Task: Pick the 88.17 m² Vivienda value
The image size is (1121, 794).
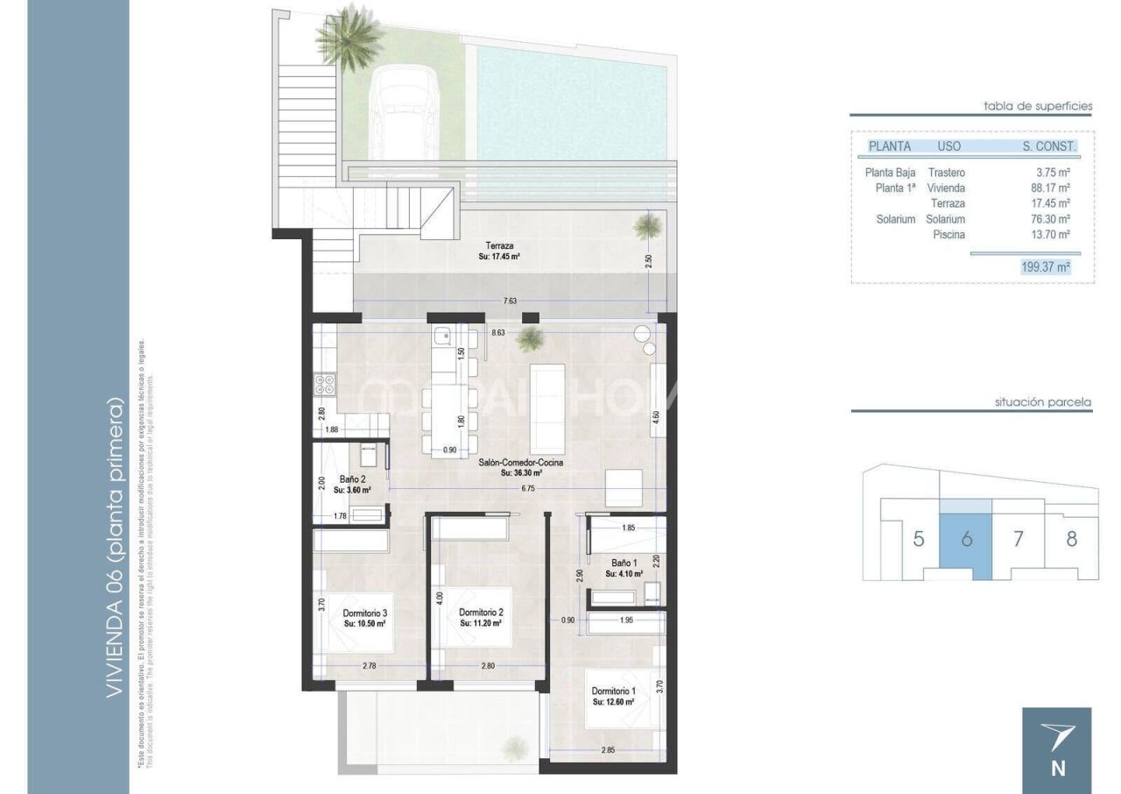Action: (x=1051, y=188)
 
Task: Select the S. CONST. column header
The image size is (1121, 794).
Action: (x=1048, y=146)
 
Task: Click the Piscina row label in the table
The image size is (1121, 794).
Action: (x=948, y=235)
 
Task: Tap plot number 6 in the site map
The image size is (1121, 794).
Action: (x=966, y=539)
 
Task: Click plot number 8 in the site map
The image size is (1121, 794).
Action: (x=1071, y=538)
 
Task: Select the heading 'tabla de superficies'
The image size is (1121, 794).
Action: (x=1038, y=106)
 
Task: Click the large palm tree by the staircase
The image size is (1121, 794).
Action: (x=350, y=35)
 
